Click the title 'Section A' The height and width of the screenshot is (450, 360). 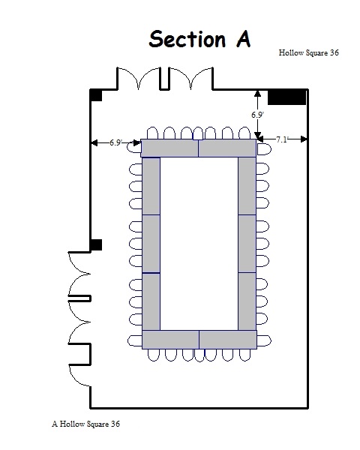(x=199, y=39)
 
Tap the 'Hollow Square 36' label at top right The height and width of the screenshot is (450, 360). (x=308, y=52)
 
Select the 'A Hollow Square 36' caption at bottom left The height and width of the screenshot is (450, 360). (x=85, y=424)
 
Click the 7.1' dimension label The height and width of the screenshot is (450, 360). (x=282, y=139)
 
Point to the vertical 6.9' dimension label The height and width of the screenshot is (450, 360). (x=257, y=115)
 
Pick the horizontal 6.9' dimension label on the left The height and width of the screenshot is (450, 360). (x=115, y=142)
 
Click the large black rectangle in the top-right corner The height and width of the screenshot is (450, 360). (x=286, y=97)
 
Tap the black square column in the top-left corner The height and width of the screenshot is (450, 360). (x=96, y=95)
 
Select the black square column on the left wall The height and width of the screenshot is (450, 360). (x=96, y=244)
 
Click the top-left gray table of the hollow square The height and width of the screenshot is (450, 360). (x=169, y=148)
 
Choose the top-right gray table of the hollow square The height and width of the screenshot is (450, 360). (x=227, y=148)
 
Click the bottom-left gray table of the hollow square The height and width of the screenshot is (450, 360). (x=170, y=340)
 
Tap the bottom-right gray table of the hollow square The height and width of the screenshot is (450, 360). (x=228, y=340)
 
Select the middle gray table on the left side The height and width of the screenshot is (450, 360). (x=151, y=244)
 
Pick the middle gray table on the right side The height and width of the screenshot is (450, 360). (x=247, y=243)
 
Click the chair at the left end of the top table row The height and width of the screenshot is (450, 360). (x=133, y=147)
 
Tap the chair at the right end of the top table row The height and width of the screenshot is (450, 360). (x=264, y=149)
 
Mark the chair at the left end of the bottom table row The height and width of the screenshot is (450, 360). (x=135, y=341)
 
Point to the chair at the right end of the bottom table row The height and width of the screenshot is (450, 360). (x=264, y=341)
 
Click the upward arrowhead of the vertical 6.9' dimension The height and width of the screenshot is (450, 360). (x=258, y=93)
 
